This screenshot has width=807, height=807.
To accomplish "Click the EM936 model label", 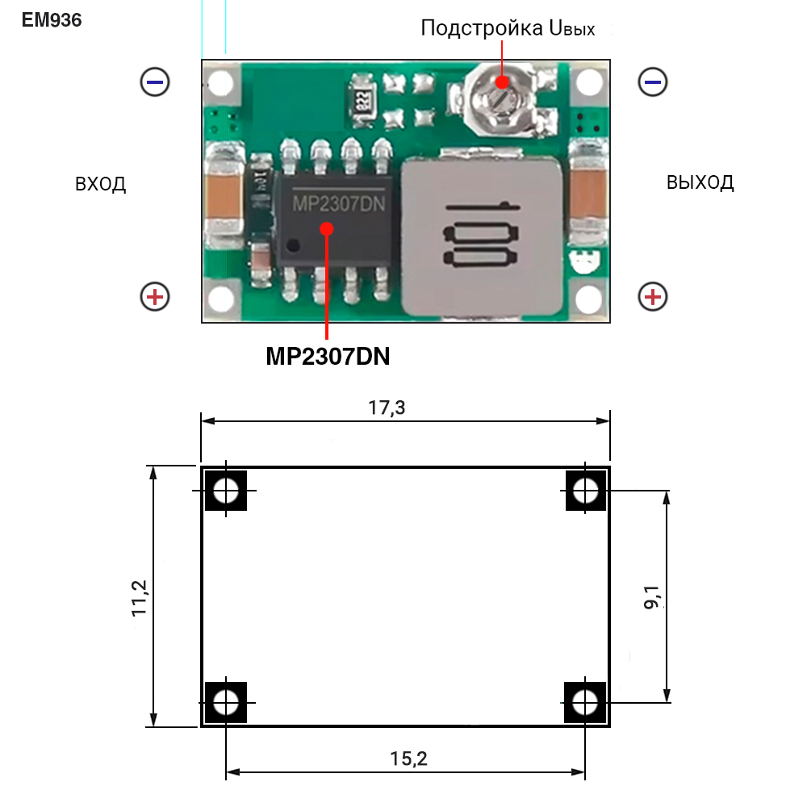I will [52, 20].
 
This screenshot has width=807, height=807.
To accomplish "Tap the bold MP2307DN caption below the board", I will [328, 356].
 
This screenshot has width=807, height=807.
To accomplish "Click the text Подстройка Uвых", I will [508, 28].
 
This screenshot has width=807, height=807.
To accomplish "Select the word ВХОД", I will [101, 184].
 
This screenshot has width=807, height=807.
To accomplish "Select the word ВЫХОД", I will [700, 182].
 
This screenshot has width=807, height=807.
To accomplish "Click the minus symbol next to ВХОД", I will [155, 82].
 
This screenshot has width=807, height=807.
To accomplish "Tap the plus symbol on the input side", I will [155, 297].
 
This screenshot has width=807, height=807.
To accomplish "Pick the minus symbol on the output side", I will [653, 82].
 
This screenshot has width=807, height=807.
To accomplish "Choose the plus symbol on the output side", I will [653, 297].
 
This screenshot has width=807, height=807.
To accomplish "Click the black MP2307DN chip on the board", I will [336, 218].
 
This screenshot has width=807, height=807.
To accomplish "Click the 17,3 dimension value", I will [387, 408].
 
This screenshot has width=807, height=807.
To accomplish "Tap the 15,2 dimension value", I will [408, 759].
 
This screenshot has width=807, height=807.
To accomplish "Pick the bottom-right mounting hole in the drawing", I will [585, 701].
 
